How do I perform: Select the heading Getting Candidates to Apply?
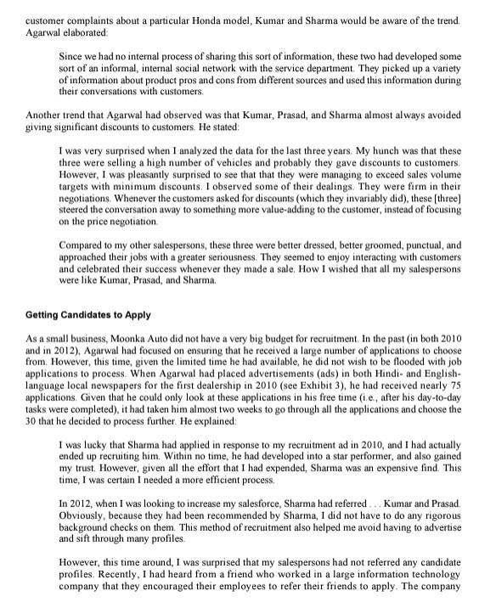click(88, 314)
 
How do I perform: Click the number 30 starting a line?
click(32, 425)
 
